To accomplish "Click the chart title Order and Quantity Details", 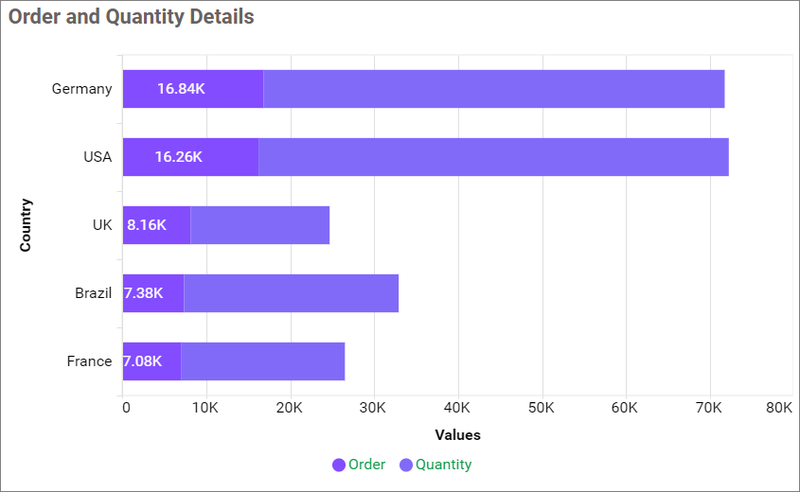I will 132,17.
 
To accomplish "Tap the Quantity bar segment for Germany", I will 493,89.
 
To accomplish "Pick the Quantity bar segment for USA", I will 493,157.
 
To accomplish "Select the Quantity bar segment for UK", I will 259,225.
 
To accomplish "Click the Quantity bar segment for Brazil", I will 291,293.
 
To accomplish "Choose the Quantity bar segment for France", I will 262,361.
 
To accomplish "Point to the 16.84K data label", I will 181,89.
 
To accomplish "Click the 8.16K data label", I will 147,225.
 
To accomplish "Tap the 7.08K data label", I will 142,361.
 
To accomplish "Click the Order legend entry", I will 359,465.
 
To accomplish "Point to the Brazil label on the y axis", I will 93,293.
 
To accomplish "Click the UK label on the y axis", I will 102,225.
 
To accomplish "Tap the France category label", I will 89,361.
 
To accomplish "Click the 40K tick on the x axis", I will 457,408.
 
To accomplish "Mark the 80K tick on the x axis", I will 779,408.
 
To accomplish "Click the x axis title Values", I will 457,435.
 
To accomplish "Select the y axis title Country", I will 26,225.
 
